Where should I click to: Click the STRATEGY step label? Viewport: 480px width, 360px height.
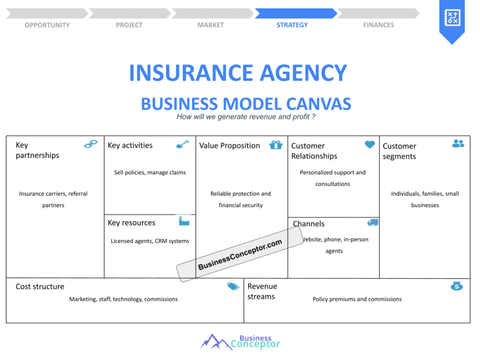[292, 25]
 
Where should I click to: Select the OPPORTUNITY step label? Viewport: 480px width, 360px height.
[47, 25]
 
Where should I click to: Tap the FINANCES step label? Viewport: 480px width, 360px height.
[379, 25]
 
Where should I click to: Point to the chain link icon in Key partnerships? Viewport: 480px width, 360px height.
[90, 144]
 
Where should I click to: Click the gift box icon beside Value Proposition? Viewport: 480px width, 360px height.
[276, 145]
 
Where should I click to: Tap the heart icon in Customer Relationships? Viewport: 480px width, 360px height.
[370, 144]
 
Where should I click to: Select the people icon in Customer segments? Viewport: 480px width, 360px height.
[458, 143]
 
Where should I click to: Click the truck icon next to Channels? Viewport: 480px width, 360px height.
[373, 222]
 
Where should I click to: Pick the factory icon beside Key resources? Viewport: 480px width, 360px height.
[184, 221]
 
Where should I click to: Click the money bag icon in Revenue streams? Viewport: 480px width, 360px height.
[457, 286]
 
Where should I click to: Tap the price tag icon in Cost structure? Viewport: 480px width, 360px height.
[233, 286]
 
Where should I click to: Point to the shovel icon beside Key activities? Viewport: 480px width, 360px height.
[183, 144]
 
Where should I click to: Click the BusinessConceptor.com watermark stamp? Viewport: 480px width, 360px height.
[240, 254]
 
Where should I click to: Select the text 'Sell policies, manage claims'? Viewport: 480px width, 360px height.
[150, 172]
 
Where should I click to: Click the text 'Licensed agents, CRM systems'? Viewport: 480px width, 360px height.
[150, 241]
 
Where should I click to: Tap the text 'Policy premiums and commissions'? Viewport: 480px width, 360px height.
[357, 299]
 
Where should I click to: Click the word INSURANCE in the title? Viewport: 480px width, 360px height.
[192, 73]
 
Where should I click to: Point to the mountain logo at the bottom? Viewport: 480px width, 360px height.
[216, 342]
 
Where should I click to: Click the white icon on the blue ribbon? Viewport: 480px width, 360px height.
[452, 17]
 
